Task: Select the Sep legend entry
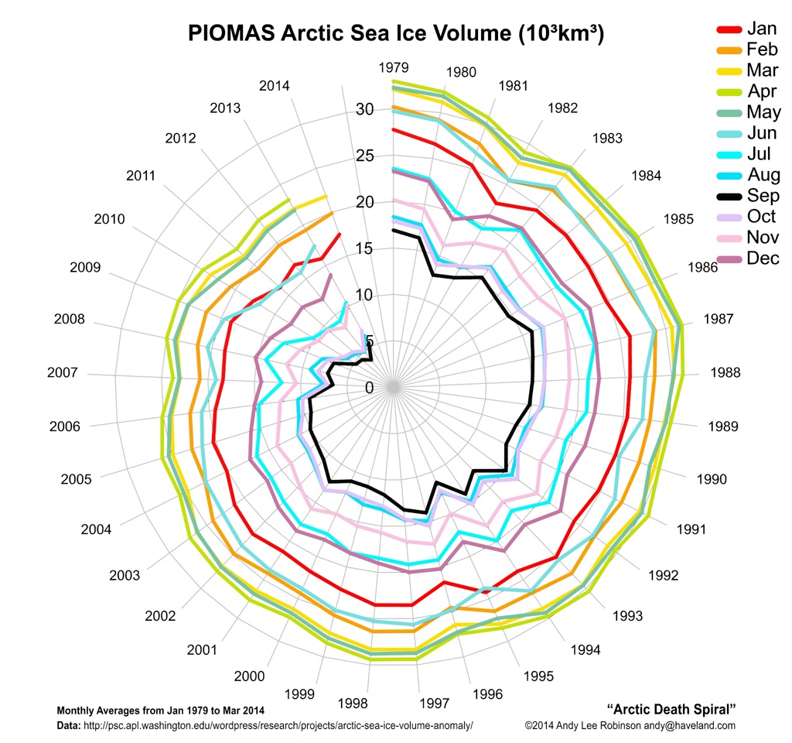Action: coord(763,196)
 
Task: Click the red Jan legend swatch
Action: coord(729,29)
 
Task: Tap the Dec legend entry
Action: coord(763,259)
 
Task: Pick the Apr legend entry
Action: coord(763,91)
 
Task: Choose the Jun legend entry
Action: coord(763,133)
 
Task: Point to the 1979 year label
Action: coord(394,67)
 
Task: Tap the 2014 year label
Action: coord(274,85)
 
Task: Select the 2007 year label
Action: coord(62,373)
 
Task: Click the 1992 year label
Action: coord(663,575)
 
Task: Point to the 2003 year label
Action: coord(125,575)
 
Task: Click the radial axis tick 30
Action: coord(364,110)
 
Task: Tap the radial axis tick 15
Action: coord(364,248)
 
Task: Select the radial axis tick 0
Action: coord(369,388)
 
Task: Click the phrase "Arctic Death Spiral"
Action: coord(671,709)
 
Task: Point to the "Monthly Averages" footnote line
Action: coord(161,710)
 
